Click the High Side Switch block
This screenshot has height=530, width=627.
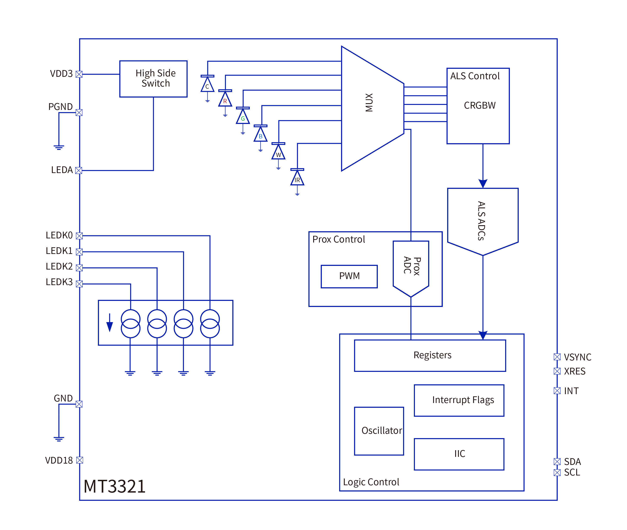[x=153, y=79]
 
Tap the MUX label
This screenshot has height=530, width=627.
[x=369, y=103]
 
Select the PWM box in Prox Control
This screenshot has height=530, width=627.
[x=349, y=276]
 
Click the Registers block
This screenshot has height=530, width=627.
[x=430, y=355]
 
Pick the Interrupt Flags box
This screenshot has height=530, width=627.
[x=459, y=400]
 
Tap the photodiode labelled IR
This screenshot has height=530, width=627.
[x=297, y=178]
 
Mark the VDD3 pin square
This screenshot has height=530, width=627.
[x=79, y=74]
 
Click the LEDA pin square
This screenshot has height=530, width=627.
[x=79, y=170]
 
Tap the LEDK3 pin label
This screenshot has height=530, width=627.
[x=59, y=282]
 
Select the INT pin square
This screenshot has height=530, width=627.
[x=557, y=391]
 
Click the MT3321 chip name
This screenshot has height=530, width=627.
[x=114, y=487]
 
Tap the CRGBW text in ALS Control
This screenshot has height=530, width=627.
[x=480, y=106]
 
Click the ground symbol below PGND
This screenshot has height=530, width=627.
[x=59, y=147]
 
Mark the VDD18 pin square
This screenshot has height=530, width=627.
[x=80, y=460]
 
